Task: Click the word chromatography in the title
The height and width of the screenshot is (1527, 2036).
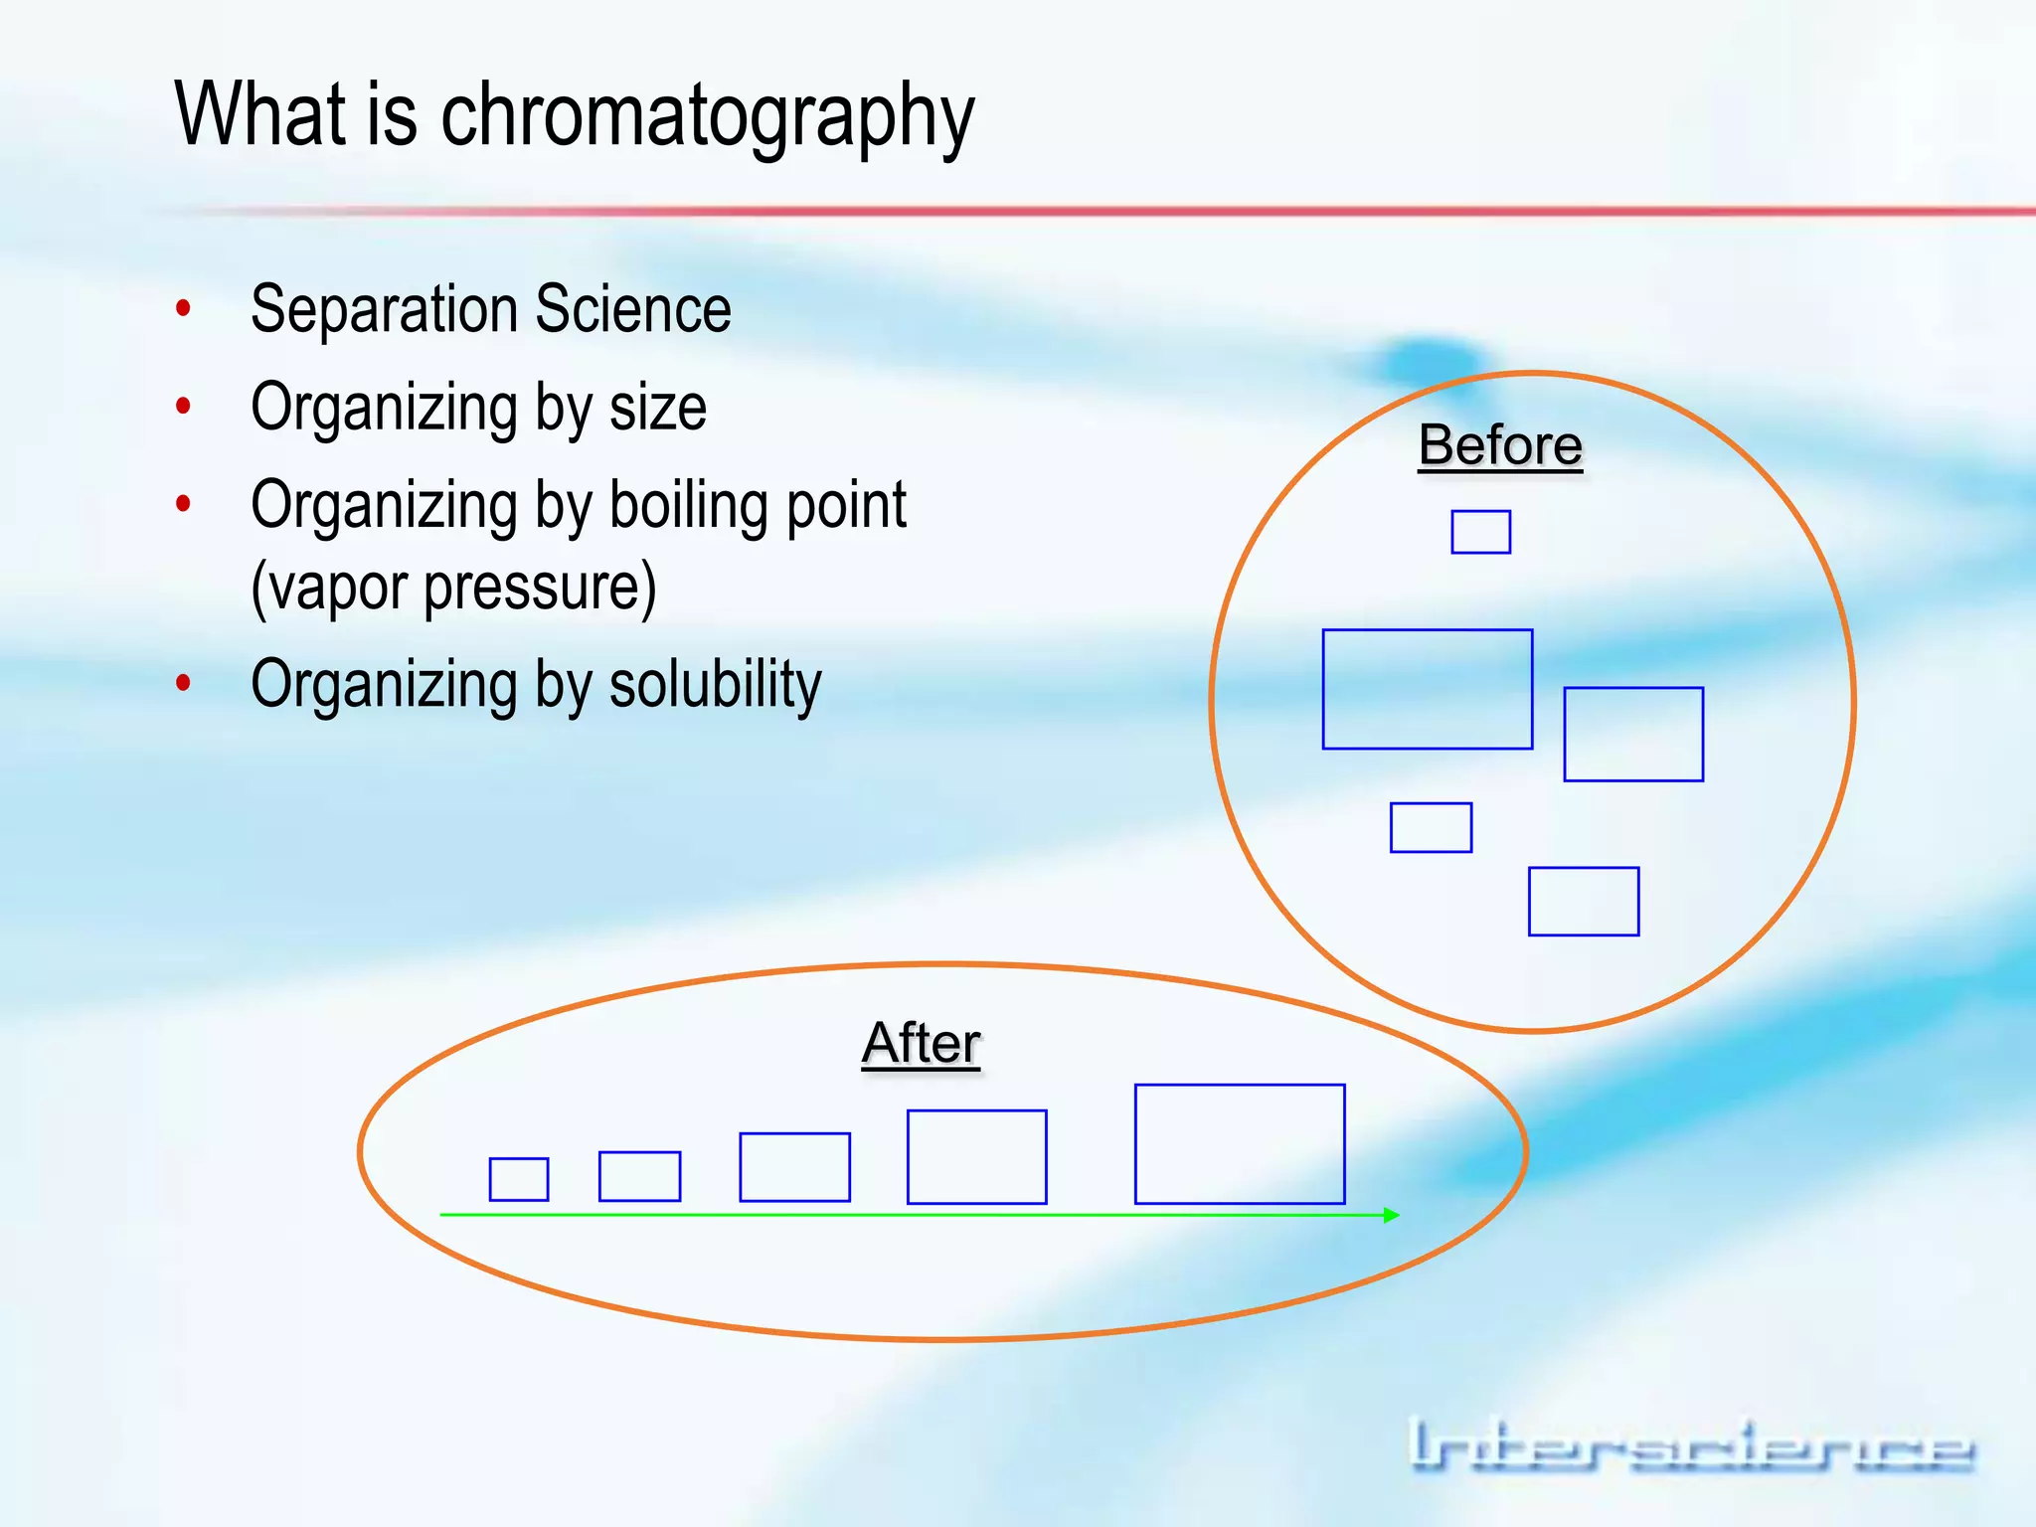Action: (x=707, y=117)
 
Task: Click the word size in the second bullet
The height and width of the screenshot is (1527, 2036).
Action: (x=657, y=408)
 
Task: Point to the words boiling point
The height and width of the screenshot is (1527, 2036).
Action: (x=758, y=505)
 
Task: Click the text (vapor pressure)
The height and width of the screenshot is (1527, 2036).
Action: (x=453, y=587)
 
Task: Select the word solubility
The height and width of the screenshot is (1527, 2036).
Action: (x=715, y=684)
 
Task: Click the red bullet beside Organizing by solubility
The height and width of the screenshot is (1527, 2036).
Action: (x=183, y=683)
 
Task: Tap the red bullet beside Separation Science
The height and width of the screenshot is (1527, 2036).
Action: (x=183, y=308)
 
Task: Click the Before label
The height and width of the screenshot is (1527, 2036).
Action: (x=1499, y=444)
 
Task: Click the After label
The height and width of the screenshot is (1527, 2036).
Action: (x=921, y=1043)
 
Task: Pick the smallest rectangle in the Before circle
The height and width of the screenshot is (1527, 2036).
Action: (x=1480, y=532)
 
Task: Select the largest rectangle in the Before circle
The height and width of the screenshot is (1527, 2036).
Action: (x=1427, y=689)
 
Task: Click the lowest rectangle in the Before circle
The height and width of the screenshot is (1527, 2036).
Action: (x=1583, y=902)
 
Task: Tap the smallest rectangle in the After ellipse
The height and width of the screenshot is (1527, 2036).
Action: (x=518, y=1179)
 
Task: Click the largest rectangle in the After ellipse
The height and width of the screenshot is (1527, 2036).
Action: (x=1239, y=1144)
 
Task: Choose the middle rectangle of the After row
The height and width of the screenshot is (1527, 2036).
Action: (x=794, y=1167)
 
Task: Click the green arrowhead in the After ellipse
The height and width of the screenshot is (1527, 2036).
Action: (x=1391, y=1215)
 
